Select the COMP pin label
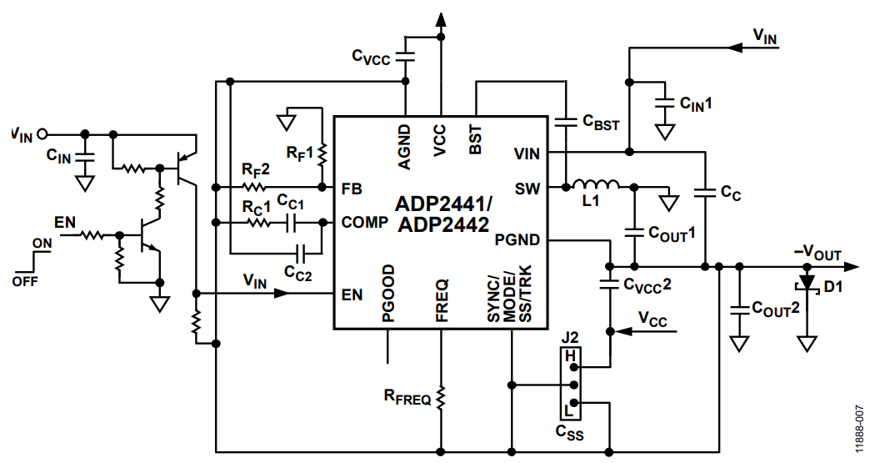click(x=365, y=223)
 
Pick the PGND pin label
click(x=518, y=240)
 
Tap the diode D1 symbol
click(x=806, y=283)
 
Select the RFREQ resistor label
click(x=407, y=399)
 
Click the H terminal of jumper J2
click(x=570, y=357)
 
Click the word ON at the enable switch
click(x=42, y=244)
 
